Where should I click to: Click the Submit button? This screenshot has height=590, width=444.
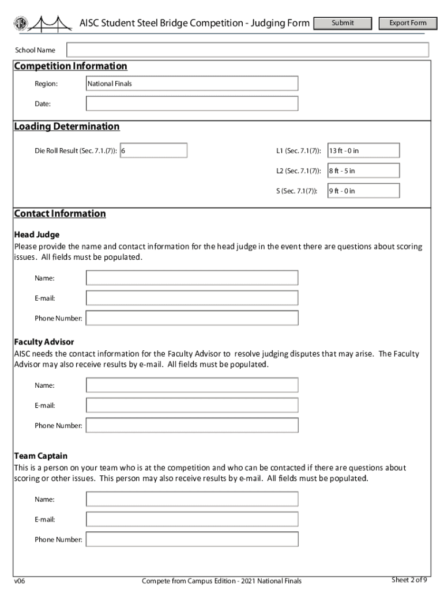343,23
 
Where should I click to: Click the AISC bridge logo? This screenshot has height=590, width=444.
43,24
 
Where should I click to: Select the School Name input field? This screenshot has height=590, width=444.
247,50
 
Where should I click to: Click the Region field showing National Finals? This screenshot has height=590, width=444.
191,84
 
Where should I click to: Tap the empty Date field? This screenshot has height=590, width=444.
191,104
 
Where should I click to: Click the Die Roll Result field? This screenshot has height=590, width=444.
153,150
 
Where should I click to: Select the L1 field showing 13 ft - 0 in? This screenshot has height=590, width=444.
363,150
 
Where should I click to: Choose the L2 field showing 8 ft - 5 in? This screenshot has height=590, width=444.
363,171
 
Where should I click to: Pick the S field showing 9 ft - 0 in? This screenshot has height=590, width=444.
363,191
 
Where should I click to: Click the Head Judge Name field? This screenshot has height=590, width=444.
191,278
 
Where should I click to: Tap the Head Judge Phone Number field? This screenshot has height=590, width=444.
191,318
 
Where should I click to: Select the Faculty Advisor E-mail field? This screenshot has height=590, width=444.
191,405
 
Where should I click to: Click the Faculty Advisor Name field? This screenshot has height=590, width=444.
191,385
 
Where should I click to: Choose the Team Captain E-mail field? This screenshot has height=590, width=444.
191,519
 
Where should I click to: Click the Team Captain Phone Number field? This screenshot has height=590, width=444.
191,539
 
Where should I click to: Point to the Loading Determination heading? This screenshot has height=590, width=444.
67,127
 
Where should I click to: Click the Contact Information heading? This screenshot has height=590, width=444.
60,214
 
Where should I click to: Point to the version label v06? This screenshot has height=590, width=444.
20,580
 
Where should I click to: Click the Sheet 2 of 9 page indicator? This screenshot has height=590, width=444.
409,580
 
